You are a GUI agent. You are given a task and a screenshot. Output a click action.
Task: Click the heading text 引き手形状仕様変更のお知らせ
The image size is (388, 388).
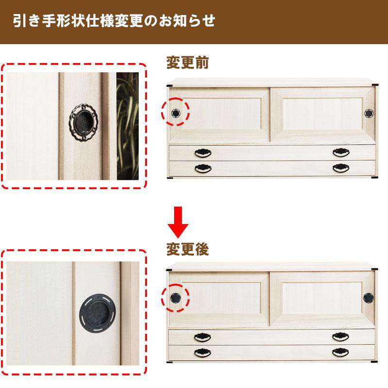[114, 22]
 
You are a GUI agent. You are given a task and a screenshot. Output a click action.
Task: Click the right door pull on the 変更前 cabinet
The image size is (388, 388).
[369, 113]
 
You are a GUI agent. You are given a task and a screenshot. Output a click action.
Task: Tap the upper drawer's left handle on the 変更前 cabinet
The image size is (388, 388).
[203, 153]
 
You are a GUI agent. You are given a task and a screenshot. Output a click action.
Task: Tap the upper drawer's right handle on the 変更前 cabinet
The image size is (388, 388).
[341, 153]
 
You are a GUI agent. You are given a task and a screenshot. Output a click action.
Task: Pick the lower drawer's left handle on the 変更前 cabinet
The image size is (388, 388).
[203, 168]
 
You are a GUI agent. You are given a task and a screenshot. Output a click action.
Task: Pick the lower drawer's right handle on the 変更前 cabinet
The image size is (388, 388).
[341, 168]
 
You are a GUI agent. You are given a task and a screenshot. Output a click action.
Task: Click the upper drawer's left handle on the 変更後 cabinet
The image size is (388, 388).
[203, 337]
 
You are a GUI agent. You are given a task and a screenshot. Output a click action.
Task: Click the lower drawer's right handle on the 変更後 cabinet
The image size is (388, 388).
[341, 352]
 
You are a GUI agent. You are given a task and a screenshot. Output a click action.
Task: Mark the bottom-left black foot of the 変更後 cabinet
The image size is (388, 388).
[170, 362]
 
